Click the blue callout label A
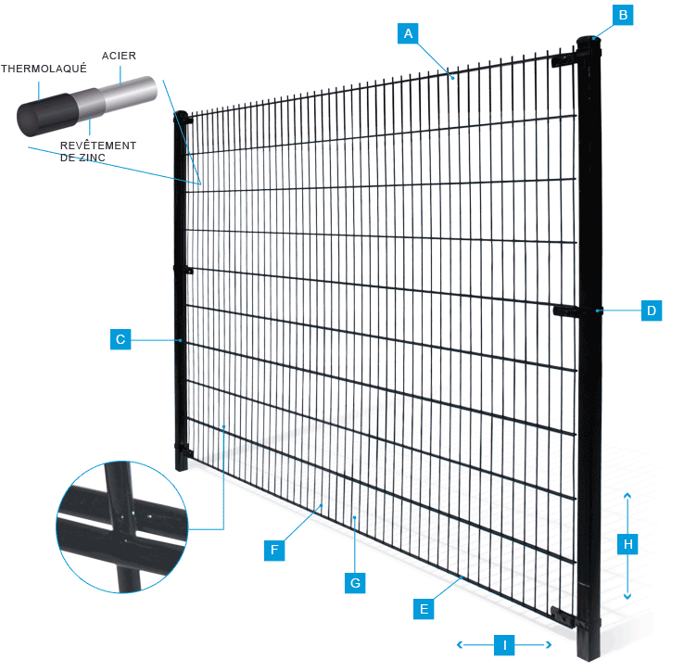point(408,33)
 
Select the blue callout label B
point(623,15)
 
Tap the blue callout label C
point(120,339)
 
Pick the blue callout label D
point(652,311)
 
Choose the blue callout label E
point(424,609)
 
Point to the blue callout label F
point(274,550)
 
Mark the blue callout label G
point(355,583)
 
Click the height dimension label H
point(627,544)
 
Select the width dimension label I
point(504,645)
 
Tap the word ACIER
point(119,56)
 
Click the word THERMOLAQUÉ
point(44,69)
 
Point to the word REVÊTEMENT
point(98,146)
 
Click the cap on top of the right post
point(589,43)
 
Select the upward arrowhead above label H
point(627,495)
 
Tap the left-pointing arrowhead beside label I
point(460,644)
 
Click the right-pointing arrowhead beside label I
point(549,644)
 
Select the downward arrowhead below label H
point(627,596)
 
